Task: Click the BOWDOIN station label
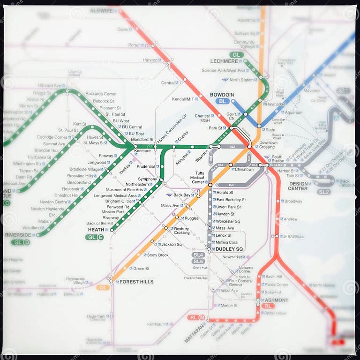pos(222,95)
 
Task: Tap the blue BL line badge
pos(222,101)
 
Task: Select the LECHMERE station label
pos(224,61)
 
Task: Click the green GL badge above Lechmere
pos(237,55)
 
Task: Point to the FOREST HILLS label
pos(136,282)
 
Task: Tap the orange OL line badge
pos(103,287)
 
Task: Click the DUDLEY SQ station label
pos(229,249)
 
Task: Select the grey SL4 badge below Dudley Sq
pos(198,255)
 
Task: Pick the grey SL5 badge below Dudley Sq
pos(198,261)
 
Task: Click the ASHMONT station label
pos(277,300)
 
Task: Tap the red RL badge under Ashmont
pos(268,306)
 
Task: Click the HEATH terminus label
pos(96,230)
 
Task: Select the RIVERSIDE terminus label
pos(18,235)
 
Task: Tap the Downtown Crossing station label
pos(268,145)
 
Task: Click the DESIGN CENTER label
pos(298,186)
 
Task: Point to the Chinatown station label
pos(244,169)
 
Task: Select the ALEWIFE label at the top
pos(102,10)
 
